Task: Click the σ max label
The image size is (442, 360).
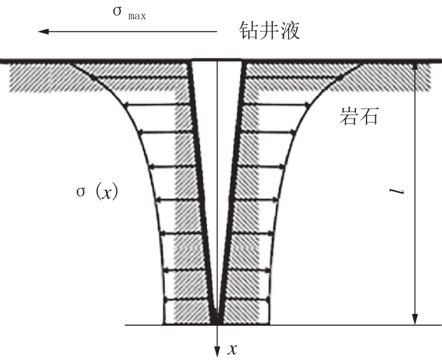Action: point(130,12)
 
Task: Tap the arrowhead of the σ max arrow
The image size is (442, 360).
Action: point(43,31)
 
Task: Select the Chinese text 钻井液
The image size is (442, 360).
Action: point(269,31)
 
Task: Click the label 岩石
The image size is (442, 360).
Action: point(358,116)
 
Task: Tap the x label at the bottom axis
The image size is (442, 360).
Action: point(233,349)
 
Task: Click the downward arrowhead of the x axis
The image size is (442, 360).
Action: point(217,351)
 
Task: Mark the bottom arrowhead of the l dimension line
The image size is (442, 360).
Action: point(415,319)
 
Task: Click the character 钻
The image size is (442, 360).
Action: point(248,31)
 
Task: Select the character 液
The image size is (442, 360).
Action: point(290,31)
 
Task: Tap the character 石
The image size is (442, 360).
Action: point(368,116)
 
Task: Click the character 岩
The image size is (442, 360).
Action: point(348,116)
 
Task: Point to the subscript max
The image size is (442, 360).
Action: point(137,16)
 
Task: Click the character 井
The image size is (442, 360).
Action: point(269,31)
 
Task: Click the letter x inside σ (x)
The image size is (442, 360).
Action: point(107,193)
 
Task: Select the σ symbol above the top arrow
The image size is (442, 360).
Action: point(117,11)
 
